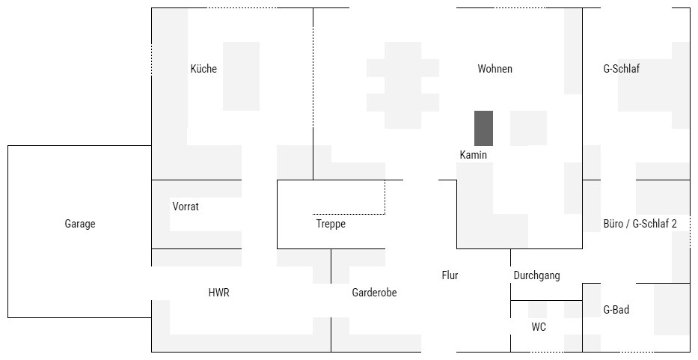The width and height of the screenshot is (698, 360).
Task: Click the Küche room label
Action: [x=203, y=69]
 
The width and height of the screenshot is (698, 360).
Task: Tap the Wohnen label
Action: [x=495, y=69]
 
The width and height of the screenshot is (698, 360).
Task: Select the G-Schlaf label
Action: [x=621, y=69]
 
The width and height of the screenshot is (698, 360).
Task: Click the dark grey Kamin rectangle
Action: [x=484, y=128]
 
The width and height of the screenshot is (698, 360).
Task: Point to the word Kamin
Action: [x=474, y=155]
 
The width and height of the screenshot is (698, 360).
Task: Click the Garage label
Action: [x=80, y=224]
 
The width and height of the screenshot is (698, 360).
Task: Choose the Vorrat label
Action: [x=186, y=207]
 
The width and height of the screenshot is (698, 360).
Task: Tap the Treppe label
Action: [x=331, y=224]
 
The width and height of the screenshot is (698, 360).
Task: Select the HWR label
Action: [x=218, y=293]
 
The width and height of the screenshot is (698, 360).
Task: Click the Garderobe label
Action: [x=374, y=293]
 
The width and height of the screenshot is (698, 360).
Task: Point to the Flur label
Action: [x=450, y=275]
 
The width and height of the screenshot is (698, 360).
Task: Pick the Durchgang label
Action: [x=536, y=275]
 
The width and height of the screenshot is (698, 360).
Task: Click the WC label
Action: [x=539, y=327]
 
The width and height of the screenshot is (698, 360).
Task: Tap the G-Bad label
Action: [x=616, y=310]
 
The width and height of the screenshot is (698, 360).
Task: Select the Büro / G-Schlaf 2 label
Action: [x=640, y=224]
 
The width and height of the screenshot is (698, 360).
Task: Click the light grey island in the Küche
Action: [x=241, y=76]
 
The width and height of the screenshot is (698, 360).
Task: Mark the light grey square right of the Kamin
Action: [x=528, y=128]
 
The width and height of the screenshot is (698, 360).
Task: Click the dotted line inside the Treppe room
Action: [x=349, y=214]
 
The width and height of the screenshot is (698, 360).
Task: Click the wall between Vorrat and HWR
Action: [x=196, y=248]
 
